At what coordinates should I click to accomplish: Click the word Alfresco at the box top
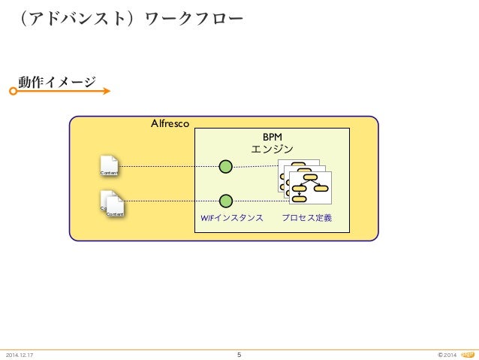170,123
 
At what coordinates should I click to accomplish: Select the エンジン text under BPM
272,149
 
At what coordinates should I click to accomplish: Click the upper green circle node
225,166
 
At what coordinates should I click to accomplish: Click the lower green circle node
225,201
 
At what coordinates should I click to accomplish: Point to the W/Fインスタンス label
231,218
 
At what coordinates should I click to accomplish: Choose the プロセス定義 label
306,218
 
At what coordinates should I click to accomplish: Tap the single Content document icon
109,166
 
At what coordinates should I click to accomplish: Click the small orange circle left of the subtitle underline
13,91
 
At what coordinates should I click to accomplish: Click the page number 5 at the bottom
239,355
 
